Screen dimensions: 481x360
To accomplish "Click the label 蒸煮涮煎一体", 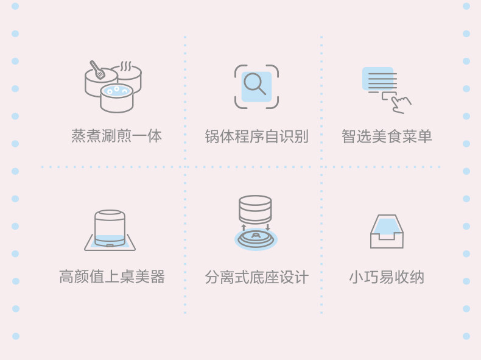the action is click(x=117, y=136).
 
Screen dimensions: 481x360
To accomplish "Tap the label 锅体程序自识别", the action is click(x=256, y=136).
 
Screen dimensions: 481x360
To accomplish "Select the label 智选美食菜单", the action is click(x=387, y=136).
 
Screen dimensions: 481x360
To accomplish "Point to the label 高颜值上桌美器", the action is click(x=112, y=277).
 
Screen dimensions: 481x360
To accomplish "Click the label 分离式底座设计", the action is click(x=256, y=278).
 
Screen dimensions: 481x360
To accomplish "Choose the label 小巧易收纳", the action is click(x=387, y=277).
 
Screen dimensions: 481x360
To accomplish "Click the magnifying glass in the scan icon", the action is click(x=255, y=83).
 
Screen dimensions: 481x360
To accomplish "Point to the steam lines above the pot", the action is click(x=126, y=66).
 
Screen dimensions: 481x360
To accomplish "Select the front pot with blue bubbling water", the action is click(x=116, y=98).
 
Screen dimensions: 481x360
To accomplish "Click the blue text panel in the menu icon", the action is click(x=378, y=79).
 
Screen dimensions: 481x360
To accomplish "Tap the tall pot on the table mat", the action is click(x=110, y=228).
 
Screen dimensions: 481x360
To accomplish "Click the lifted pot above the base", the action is click(x=255, y=208).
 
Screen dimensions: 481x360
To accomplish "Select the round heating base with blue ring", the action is click(x=256, y=238).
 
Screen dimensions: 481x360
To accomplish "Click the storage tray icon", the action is click(x=387, y=231).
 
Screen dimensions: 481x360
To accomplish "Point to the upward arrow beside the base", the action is click(x=244, y=228).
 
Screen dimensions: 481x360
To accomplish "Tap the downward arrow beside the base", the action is click(x=267, y=227).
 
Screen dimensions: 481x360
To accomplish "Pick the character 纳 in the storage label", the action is click(x=417, y=277).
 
